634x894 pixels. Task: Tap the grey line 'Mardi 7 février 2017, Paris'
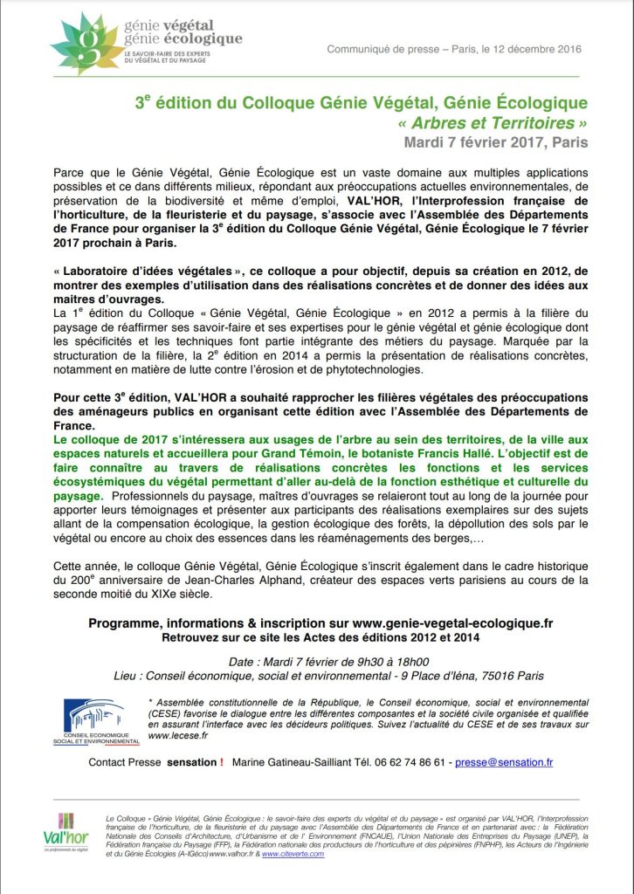495,141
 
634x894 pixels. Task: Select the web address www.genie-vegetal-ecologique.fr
452,623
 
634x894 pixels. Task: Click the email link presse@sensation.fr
504,762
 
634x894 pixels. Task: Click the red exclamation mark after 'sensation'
222,762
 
